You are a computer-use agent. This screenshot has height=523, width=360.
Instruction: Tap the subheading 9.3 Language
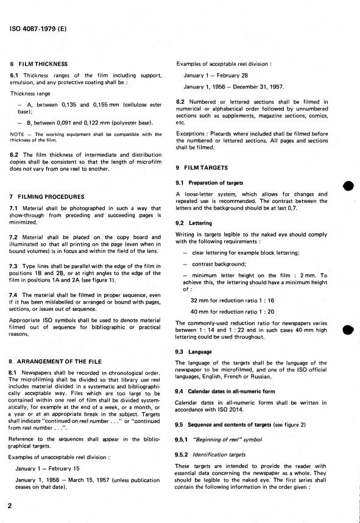pyautogui.click(x=196, y=352)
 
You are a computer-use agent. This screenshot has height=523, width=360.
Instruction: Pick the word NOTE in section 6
pyautogui.click(x=16, y=134)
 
